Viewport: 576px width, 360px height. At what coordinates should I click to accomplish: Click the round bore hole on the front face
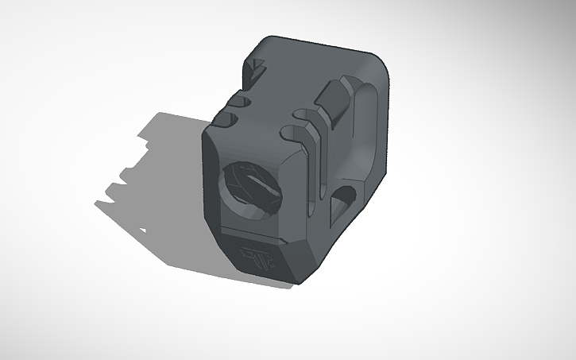(x=247, y=188)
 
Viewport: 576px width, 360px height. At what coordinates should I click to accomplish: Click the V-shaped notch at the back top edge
(x=256, y=76)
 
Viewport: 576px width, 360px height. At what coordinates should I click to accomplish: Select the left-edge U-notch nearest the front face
(x=225, y=120)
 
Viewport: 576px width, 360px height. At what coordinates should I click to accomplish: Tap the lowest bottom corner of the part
(x=298, y=281)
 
